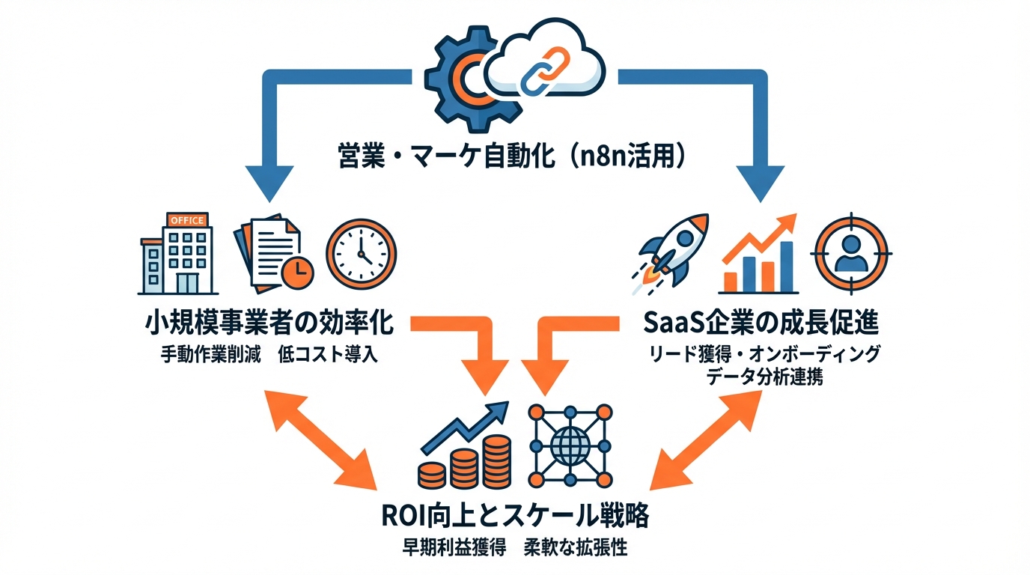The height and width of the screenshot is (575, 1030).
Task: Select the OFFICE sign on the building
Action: coord(186,220)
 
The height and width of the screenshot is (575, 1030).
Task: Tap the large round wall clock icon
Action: coord(362,255)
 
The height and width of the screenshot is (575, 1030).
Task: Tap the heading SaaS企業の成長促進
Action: coord(762,325)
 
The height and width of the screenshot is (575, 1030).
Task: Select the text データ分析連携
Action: coord(764,377)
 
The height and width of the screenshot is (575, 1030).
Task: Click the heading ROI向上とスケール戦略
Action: coord(514,516)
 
